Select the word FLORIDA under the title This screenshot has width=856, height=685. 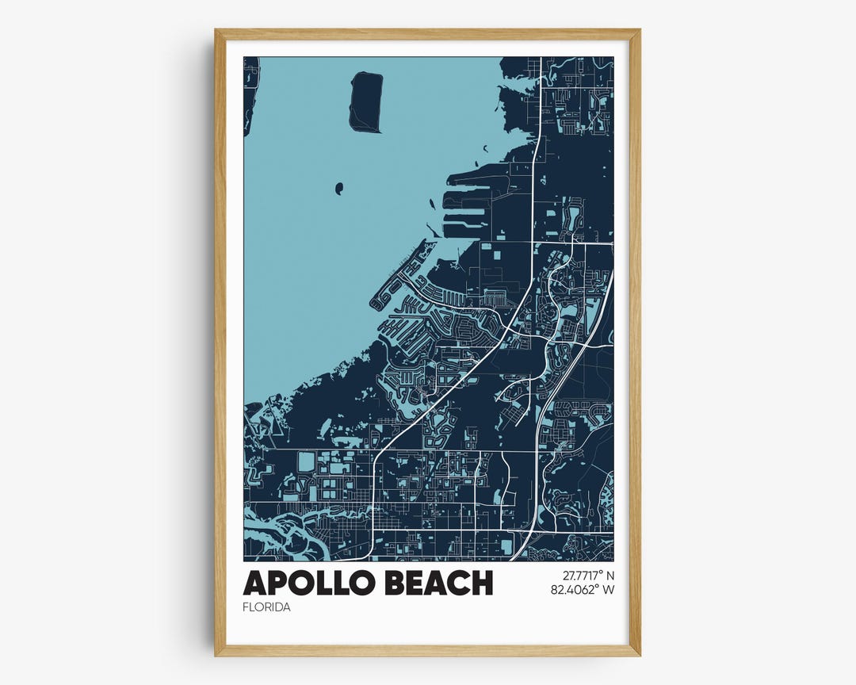pos(267,607)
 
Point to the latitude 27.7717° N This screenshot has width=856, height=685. pos(583,575)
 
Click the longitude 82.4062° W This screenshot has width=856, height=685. pos(583,589)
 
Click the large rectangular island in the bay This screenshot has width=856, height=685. pos(365,101)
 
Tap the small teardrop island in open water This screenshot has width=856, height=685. pos(339,188)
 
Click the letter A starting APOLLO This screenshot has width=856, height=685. pos(255,583)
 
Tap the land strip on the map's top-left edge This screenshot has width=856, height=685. pos(250,87)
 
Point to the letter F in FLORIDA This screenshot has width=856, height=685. pos(246,607)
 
